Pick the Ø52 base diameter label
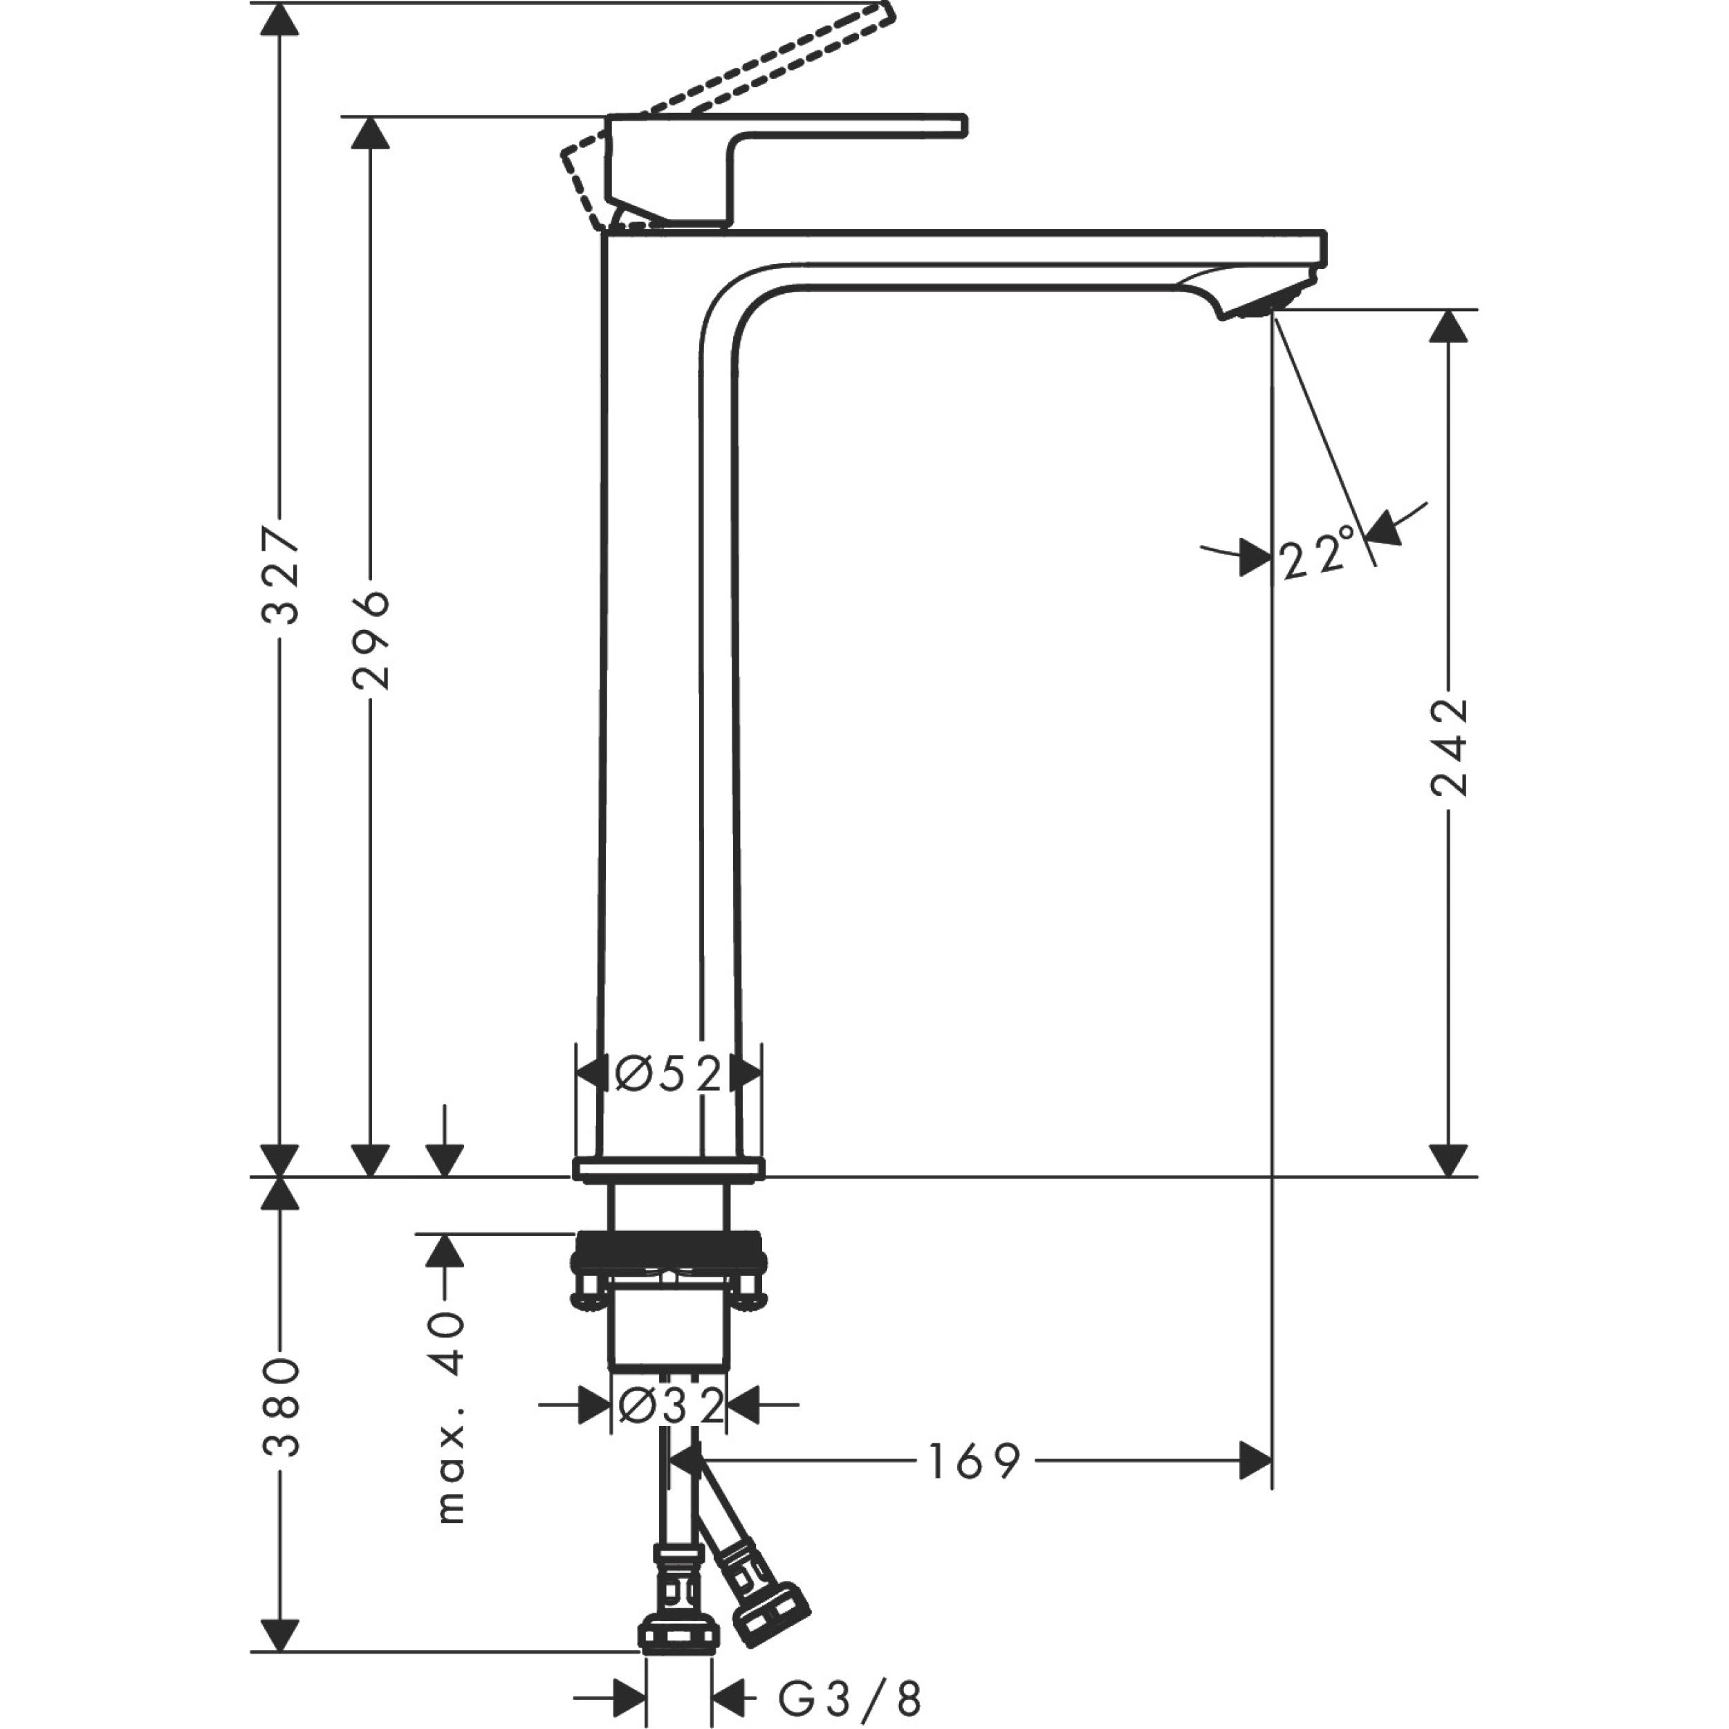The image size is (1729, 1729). (x=669, y=1073)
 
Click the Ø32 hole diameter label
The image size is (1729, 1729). (x=669, y=1405)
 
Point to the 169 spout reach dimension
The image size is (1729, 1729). (x=974, y=1462)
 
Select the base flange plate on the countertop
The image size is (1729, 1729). (x=669, y=1169)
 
